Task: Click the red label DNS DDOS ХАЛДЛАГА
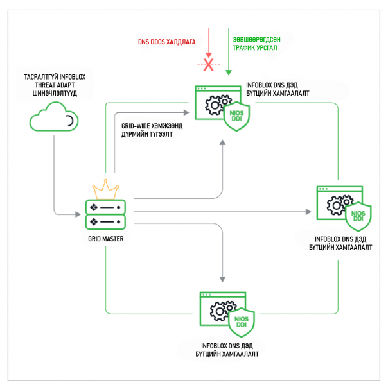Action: point(166,42)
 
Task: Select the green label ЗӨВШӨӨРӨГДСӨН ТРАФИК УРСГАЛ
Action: point(263,42)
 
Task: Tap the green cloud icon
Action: point(54,119)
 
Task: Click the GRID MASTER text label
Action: point(106,239)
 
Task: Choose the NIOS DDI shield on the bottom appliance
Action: point(243,320)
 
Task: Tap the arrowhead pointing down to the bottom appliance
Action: point(223,279)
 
